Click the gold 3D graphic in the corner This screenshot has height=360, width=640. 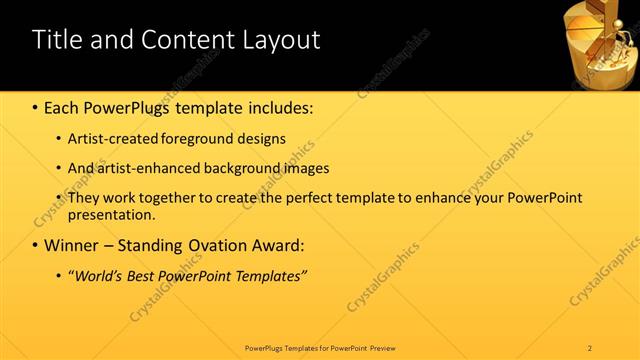[604, 42]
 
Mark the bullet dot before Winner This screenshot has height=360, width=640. [36, 246]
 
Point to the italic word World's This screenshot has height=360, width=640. [98, 276]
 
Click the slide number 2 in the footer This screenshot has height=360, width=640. [590, 347]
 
